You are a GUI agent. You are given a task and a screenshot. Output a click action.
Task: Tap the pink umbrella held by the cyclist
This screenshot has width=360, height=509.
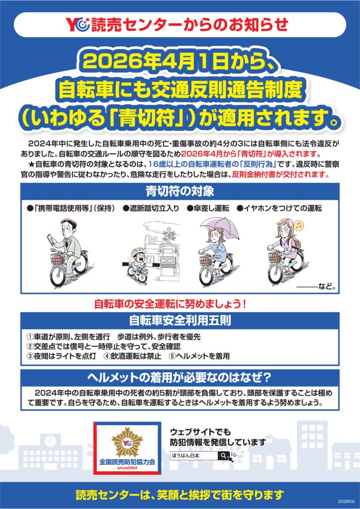click(220, 229)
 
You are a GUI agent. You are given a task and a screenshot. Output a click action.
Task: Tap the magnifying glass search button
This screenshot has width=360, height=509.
click(224, 455)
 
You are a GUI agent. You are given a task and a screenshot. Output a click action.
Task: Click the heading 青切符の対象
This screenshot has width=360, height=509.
click(180, 191)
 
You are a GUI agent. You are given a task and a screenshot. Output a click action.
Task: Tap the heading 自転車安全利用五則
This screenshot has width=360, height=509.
click(180, 321)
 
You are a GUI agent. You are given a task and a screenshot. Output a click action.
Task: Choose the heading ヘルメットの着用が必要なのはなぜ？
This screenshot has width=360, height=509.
click(180, 377)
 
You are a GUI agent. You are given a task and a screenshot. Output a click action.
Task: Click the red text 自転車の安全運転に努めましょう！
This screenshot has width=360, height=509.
click(171, 304)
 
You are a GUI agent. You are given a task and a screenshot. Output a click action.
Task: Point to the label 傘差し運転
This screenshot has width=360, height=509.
click(208, 208)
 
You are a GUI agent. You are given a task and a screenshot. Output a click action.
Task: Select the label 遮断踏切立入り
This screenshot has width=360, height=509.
click(151, 208)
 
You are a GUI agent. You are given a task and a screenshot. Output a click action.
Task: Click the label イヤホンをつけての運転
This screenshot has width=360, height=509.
click(279, 208)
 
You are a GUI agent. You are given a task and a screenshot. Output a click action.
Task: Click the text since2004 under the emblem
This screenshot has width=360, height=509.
click(127, 468)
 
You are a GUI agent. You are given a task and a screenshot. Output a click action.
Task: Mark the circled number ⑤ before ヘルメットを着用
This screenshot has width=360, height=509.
click(173, 356)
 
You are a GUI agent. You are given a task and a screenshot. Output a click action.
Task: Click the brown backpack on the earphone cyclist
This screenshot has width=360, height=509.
click(298, 243)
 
